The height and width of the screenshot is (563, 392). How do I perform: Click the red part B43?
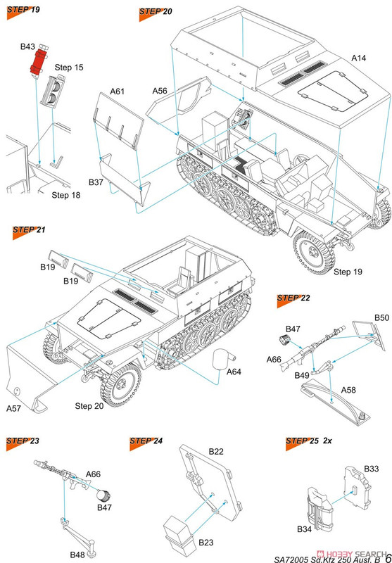(x=39, y=63)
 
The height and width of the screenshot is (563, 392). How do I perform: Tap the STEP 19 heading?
(x=23, y=10)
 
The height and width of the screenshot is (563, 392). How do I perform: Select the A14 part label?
(x=359, y=58)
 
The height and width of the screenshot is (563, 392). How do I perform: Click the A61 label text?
(x=117, y=91)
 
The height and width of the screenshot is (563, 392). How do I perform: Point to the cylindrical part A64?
(x=222, y=358)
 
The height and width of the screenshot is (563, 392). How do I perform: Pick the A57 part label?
(x=13, y=408)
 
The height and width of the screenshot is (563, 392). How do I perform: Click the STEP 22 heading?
(x=293, y=298)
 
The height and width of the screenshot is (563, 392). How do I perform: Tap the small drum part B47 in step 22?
(x=285, y=339)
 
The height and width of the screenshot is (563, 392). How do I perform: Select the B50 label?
(x=381, y=318)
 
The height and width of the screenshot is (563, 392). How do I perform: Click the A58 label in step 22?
(x=348, y=390)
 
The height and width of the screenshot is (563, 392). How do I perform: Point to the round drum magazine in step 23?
(x=103, y=496)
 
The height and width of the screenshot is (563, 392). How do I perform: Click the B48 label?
(x=77, y=555)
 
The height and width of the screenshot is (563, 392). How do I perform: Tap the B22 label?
(x=216, y=451)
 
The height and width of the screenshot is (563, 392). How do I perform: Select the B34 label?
(x=305, y=529)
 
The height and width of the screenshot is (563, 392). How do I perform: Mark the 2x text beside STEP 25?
(x=327, y=441)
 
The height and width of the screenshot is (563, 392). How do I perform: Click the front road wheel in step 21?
(x=120, y=385)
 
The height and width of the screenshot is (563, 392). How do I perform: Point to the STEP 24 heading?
(x=146, y=441)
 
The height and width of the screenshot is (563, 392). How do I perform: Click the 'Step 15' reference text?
(x=69, y=68)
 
